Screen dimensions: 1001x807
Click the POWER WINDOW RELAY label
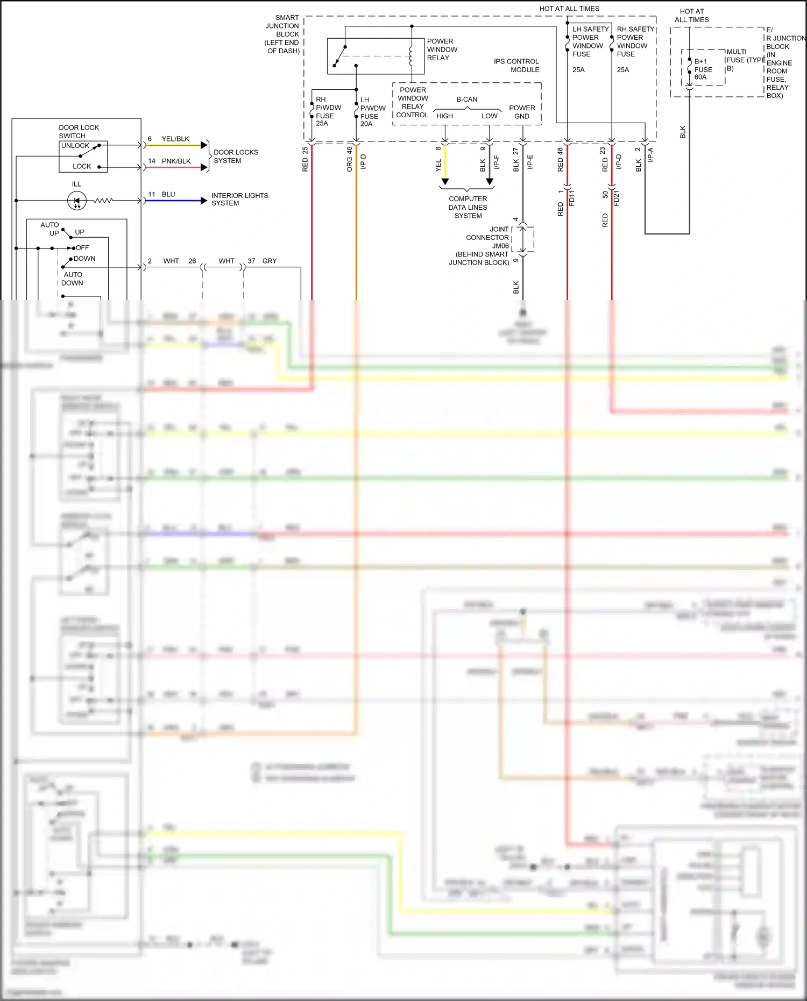[x=442, y=49]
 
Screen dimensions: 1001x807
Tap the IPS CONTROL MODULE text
[x=516, y=66]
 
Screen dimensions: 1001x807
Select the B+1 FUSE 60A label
[x=703, y=69]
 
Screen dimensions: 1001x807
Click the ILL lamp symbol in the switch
[x=76, y=201]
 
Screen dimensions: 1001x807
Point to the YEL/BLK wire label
[x=175, y=139]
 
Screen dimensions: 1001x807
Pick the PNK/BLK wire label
[x=176, y=161]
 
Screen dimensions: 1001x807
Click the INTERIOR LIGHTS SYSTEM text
[x=239, y=200]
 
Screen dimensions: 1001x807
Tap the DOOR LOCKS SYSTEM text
[x=236, y=157]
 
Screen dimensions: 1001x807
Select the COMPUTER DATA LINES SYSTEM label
[x=468, y=207]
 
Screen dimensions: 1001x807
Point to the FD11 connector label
[x=571, y=198]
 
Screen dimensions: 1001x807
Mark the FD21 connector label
[x=617, y=198]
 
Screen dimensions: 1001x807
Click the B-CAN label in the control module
[x=466, y=100]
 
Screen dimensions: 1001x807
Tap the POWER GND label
[x=522, y=112]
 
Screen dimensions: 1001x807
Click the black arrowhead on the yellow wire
[x=445, y=182]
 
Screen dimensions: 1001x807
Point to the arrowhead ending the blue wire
[x=204, y=201]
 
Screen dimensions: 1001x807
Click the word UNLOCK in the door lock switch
[x=75, y=146]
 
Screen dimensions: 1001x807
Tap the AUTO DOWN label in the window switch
[x=72, y=279]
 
